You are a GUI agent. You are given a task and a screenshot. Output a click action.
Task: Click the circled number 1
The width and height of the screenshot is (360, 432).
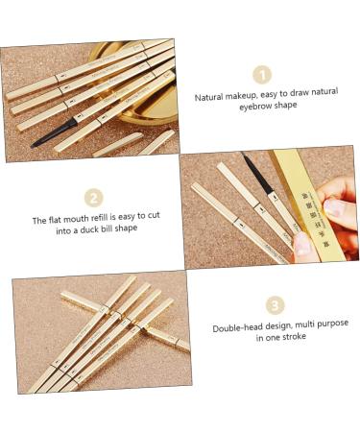(261, 75)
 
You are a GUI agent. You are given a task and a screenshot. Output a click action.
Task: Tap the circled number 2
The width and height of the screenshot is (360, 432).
(93, 198)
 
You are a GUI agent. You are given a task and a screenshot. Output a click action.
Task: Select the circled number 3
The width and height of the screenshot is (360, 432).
(276, 305)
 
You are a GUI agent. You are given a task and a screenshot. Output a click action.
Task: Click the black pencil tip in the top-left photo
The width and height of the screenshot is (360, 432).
(42, 140)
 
